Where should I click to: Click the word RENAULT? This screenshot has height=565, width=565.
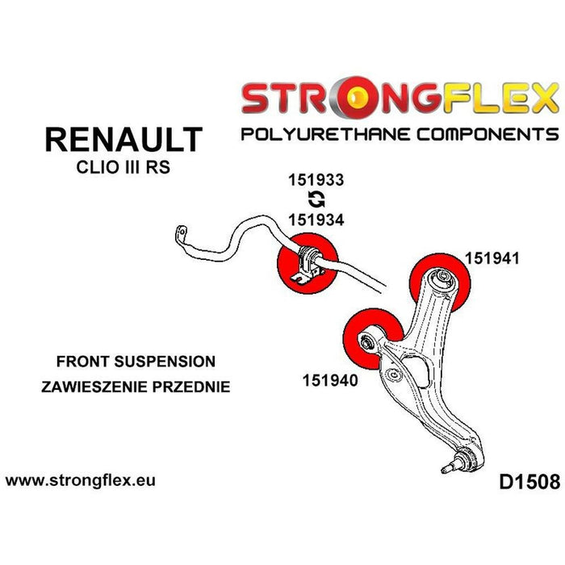click(x=123, y=139)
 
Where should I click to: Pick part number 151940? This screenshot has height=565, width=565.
click(x=330, y=378)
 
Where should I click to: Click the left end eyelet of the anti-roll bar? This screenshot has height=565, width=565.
click(x=179, y=236)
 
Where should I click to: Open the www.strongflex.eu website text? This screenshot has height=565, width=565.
click(x=81, y=480)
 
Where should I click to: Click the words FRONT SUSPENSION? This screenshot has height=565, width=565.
click(x=136, y=361)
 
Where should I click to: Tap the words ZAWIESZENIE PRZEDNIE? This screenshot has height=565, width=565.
click(x=136, y=386)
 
